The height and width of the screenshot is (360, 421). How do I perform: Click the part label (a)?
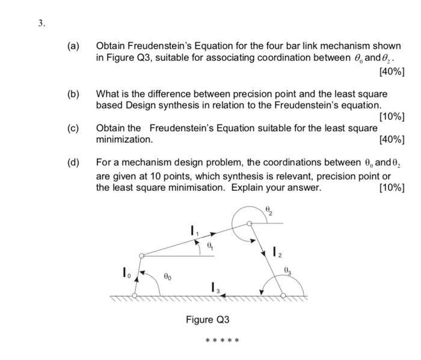(x=74, y=46)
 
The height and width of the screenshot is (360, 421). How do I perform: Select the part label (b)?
(x=74, y=95)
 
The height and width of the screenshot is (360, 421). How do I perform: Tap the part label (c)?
(x=74, y=128)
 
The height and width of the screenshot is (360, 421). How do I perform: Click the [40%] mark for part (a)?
(x=393, y=72)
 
